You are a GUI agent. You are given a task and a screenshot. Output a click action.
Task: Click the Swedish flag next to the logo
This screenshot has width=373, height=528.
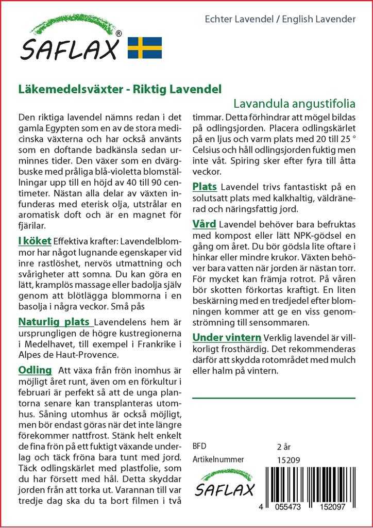(x=145, y=47)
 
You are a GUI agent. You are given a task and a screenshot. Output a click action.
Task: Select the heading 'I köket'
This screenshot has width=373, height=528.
(x=35, y=240)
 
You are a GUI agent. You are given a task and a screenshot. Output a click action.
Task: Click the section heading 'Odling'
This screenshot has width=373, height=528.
(x=35, y=370)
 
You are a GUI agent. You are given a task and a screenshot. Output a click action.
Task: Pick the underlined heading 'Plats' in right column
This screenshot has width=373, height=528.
(x=205, y=186)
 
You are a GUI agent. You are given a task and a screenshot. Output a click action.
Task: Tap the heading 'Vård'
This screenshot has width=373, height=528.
(x=205, y=224)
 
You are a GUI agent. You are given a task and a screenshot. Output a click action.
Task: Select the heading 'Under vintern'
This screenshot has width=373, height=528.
(x=227, y=338)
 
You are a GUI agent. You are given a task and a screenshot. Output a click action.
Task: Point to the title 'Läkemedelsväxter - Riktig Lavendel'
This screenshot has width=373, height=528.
(x=120, y=88)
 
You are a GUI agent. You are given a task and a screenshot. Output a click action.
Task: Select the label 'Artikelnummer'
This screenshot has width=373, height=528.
(x=218, y=459)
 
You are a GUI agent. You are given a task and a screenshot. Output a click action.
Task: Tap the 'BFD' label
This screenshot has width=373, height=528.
(x=199, y=446)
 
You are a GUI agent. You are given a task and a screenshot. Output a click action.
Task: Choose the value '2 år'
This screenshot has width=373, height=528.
(x=284, y=446)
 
